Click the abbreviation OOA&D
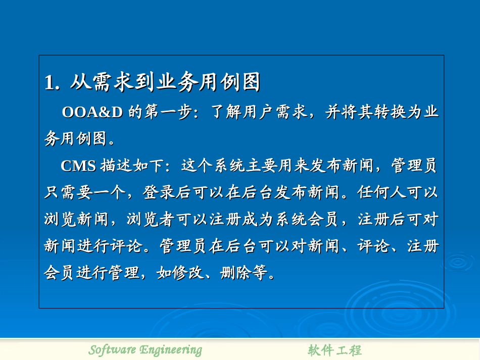tap(92, 112)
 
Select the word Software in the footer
tap(112, 349)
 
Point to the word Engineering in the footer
tap(171, 349)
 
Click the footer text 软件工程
tap(334, 350)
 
